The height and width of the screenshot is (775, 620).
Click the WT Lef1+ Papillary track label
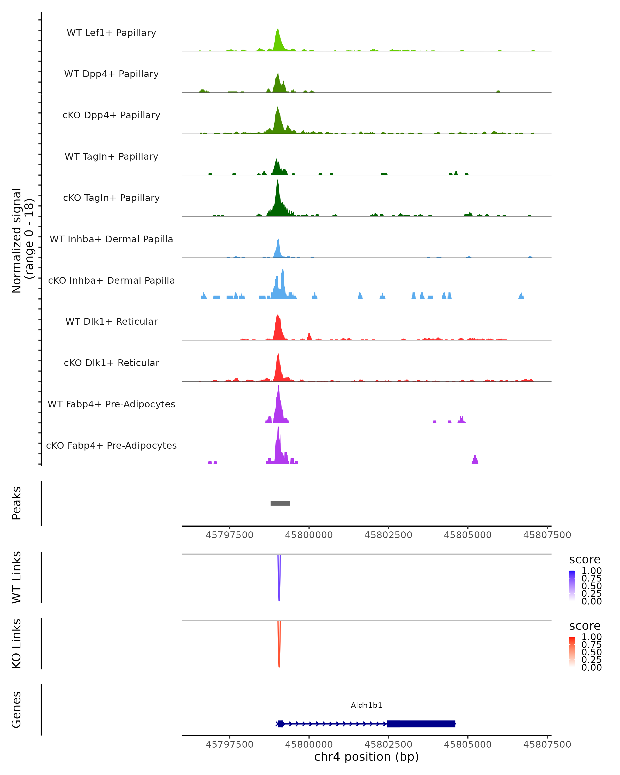point(111,33)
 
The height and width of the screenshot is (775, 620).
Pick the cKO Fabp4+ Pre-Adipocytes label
point(111,445)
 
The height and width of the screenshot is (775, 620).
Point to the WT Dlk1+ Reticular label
point(111,321)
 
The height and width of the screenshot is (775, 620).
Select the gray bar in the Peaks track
point(280,503)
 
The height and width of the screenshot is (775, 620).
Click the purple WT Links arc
point(279,590)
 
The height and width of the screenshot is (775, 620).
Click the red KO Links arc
point(279,656)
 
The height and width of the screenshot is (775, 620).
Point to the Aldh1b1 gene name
point(366,705)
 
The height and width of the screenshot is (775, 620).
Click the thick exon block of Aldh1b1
point(421,724)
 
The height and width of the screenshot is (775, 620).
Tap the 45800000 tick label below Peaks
point(309,535)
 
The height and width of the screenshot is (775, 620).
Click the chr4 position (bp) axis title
point(366,757)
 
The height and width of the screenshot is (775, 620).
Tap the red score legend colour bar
point(572,651)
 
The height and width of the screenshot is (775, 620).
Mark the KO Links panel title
point(17,644)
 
